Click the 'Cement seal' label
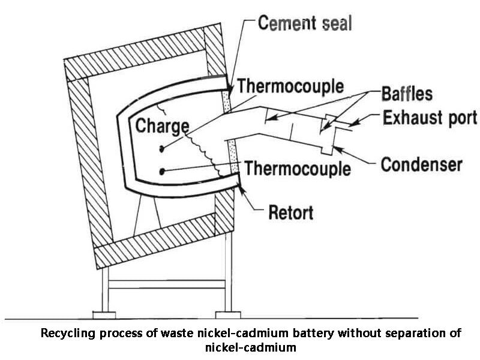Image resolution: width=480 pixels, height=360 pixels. pos(305,23)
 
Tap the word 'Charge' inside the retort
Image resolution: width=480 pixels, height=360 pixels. pos(161,127)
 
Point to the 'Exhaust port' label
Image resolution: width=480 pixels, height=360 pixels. pos(430,117)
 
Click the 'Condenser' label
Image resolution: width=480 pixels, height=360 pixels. pos(421,164)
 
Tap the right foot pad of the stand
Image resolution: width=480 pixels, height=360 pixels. pos(227,314)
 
